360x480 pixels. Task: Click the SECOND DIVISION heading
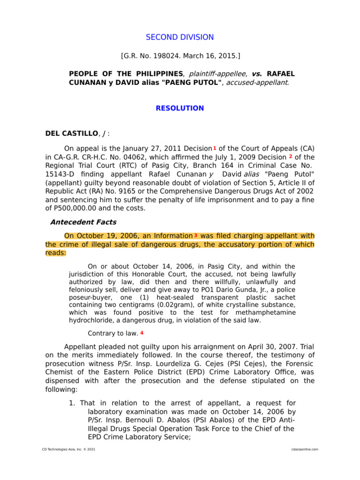pos(180,37)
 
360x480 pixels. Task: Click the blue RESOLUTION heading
pos(180,108)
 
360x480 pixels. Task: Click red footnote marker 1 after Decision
pos(215,148)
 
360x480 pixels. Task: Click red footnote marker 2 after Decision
pos(291,156)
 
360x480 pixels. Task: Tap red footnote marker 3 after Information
pos(195,235)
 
